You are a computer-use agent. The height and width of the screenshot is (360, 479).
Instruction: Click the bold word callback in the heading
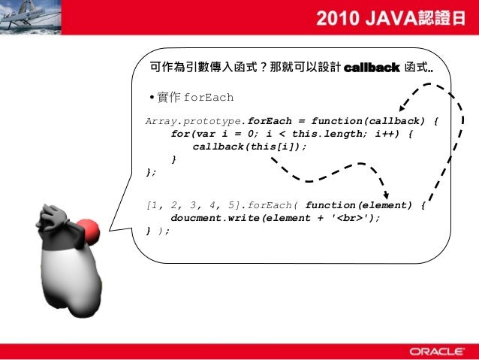371,68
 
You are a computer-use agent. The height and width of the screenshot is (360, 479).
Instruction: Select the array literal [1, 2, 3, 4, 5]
182,205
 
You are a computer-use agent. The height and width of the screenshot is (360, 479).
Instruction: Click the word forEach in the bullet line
208,98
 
